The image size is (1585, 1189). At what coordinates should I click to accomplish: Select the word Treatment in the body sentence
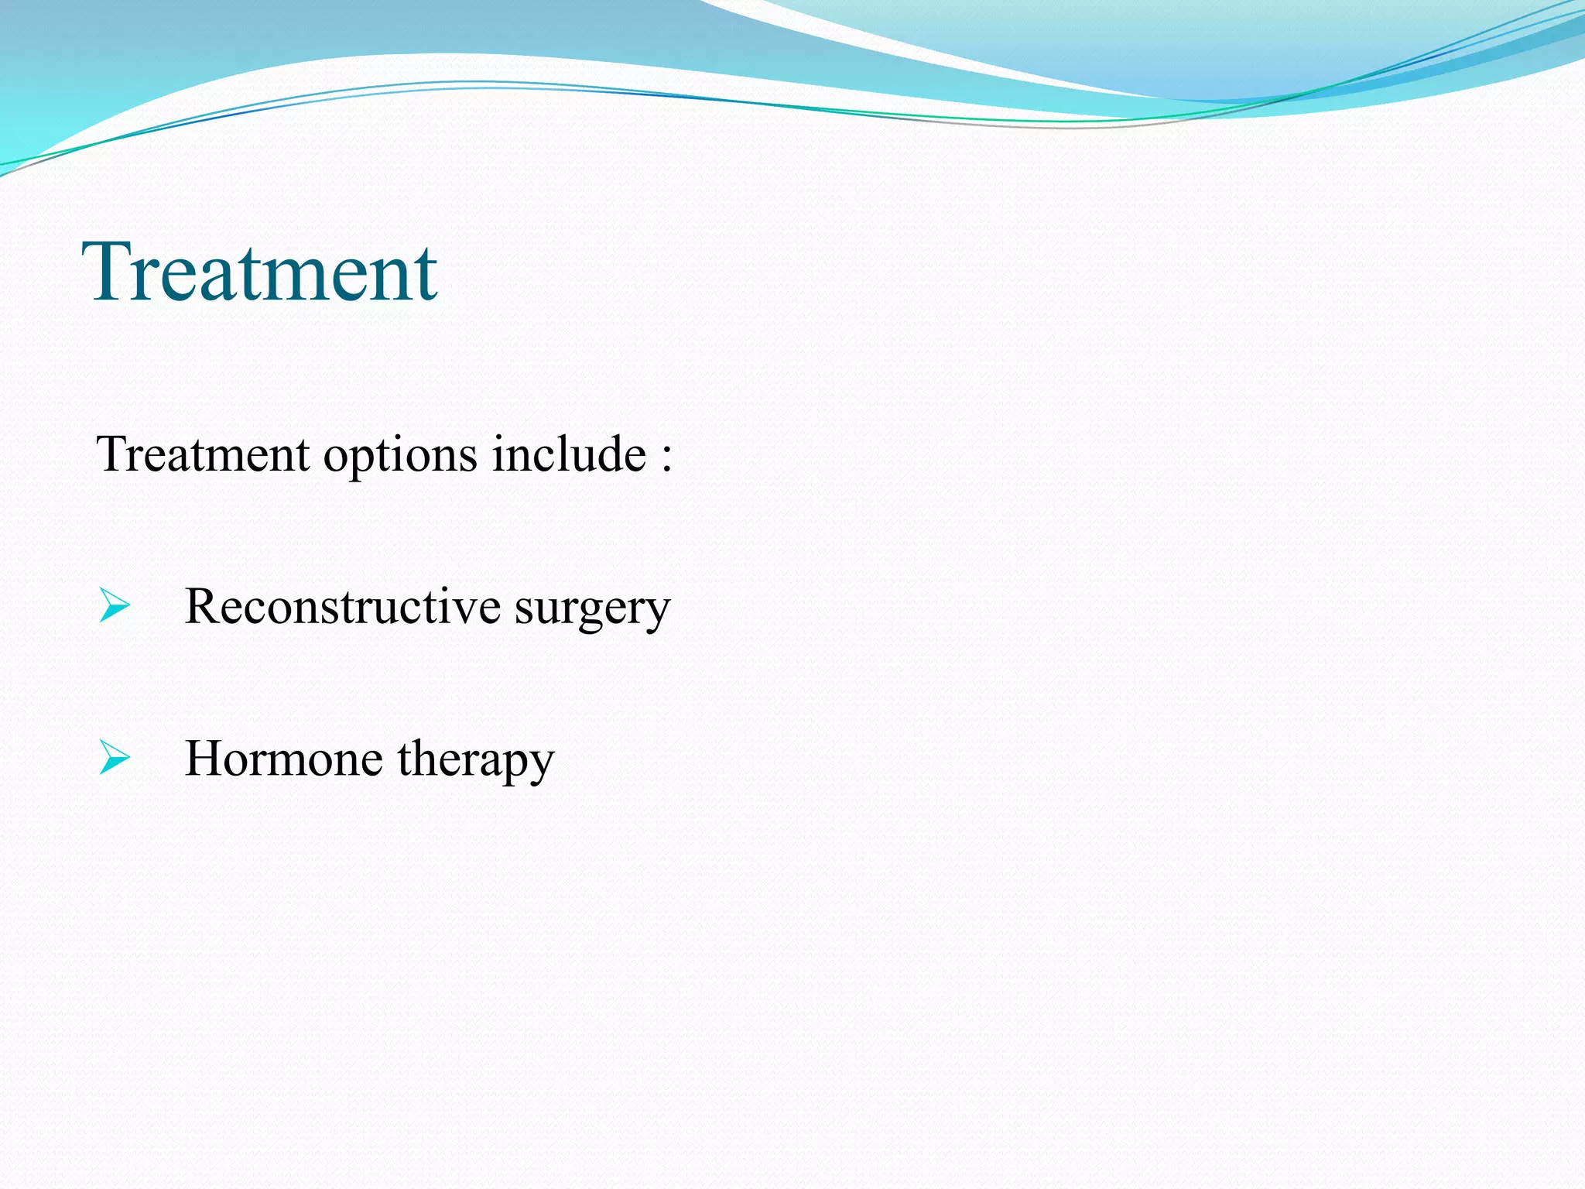click(x=203, y=454)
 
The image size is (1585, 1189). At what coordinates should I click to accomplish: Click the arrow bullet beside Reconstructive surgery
click(x=115, y=605)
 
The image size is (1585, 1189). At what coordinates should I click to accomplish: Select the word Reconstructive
click(x=343, y=606)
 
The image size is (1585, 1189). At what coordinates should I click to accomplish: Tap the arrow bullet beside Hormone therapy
click(x=115, y=758)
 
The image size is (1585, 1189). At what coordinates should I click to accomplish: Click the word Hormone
click(x=283, y=759)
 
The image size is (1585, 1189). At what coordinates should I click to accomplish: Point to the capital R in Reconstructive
click(x=202, y=605)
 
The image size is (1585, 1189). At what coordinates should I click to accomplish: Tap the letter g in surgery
click(x=593, y=615)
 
